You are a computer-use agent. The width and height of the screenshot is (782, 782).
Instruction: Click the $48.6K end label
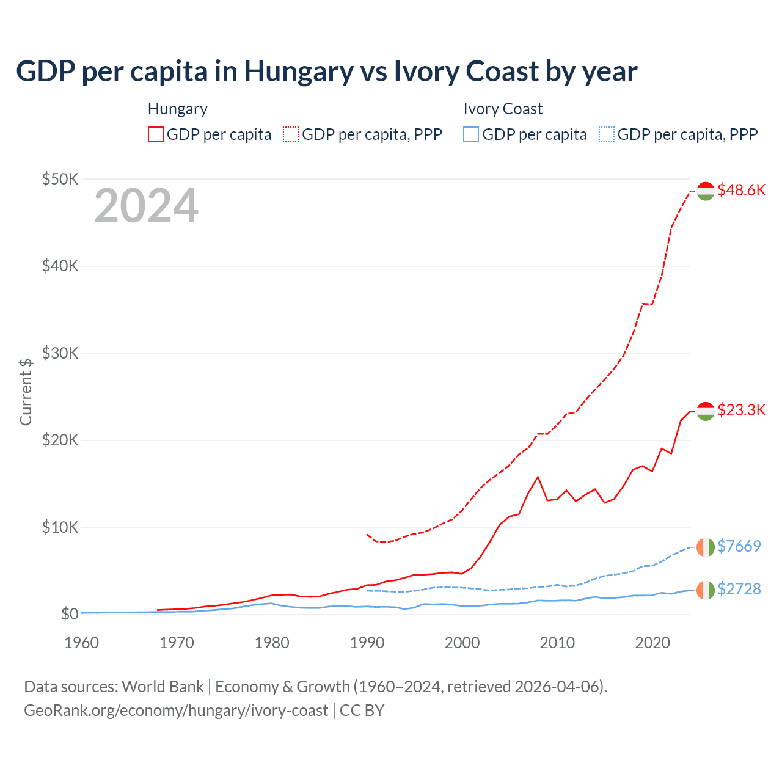[741, 190]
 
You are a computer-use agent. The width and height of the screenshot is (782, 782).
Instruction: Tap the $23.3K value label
[741, 410]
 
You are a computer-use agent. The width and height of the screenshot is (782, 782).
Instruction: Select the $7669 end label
[739, 546]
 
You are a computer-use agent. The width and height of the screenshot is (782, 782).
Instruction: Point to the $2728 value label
[739, 589]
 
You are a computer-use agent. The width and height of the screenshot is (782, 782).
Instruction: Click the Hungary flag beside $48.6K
[706, 191]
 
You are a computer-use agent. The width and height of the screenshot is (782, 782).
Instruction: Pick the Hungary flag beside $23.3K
[706, 411]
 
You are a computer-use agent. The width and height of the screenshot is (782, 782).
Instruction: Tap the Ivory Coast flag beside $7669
[706, 547]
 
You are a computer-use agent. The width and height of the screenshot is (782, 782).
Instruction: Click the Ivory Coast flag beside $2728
[706, 590]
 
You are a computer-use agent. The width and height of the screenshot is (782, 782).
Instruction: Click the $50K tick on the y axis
[60, 179]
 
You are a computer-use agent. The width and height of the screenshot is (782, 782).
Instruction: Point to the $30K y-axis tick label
[60, 353]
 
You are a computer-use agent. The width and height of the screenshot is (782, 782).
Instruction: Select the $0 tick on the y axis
[69, 614]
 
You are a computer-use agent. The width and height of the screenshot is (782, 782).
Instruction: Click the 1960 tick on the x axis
[81, 643]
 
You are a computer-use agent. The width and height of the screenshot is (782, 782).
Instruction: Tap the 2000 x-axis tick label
[462, 643]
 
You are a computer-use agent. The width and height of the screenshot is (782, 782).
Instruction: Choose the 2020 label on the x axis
[652, 643]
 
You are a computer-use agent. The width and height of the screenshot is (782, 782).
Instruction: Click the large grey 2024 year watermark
[146, 206]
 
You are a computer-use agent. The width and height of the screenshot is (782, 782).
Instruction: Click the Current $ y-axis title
[26, 392]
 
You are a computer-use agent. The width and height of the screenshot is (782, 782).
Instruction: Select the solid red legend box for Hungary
[156, 134]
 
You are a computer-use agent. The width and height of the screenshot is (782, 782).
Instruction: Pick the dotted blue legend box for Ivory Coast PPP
[607, 134]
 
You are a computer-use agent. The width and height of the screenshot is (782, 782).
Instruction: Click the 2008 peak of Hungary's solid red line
[538, 477]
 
